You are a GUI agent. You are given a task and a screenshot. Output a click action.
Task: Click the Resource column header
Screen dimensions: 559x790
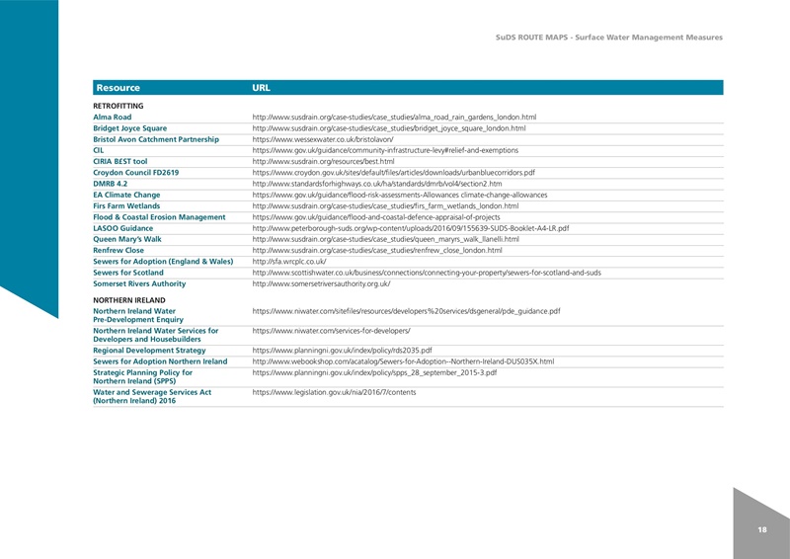point(117,88)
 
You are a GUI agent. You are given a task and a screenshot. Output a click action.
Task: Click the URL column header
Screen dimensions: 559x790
point(262,88)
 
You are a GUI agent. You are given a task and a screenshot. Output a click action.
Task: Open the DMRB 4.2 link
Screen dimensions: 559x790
point(377,184)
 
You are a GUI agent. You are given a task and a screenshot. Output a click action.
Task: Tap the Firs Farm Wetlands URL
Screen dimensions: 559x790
point(392,205)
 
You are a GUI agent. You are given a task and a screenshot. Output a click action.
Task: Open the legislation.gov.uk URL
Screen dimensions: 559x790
point(335,393)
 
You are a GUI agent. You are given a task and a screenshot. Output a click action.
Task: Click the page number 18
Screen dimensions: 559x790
point(761,530)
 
